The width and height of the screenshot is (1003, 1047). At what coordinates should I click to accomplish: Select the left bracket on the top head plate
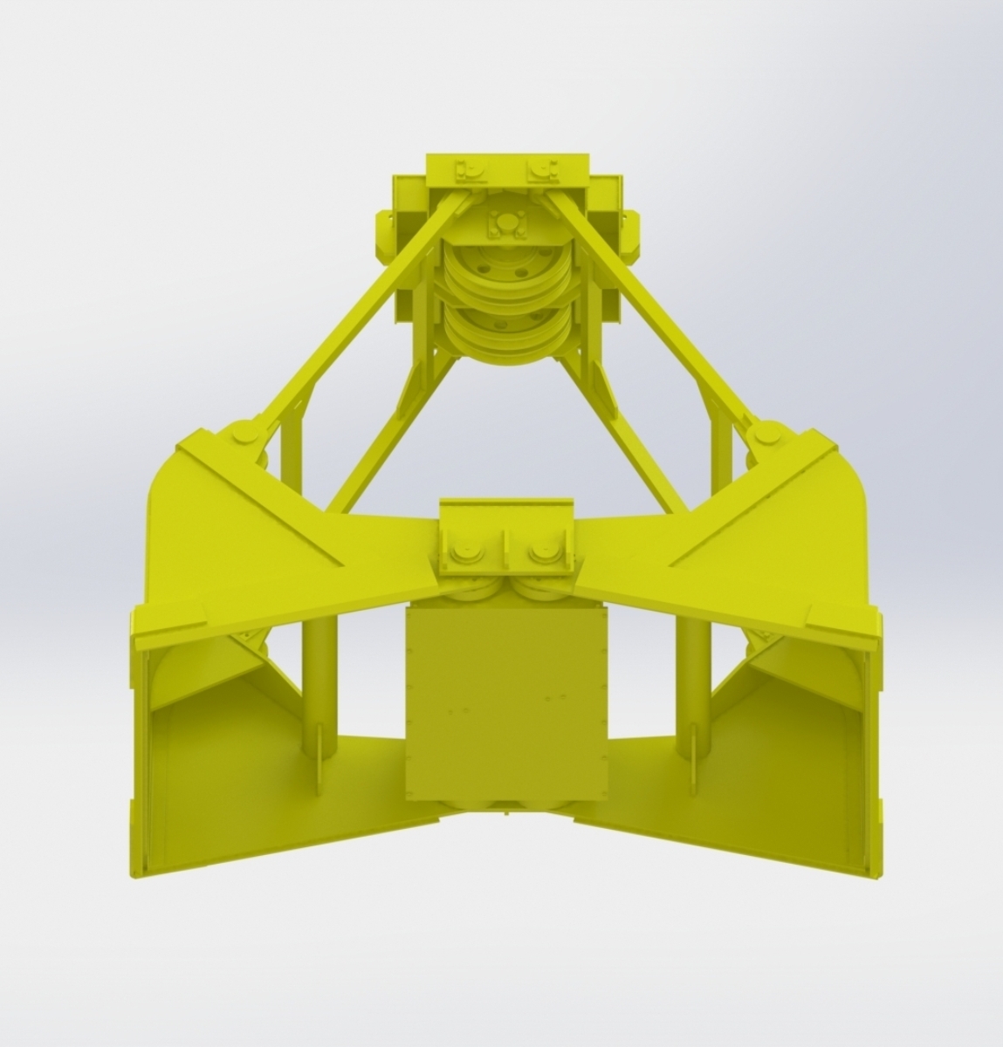469,171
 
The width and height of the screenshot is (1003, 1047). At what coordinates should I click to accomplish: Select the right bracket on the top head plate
542,171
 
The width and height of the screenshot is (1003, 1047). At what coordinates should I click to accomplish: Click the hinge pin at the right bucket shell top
767,435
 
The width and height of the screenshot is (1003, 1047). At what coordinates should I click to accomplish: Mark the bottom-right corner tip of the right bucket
868,872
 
